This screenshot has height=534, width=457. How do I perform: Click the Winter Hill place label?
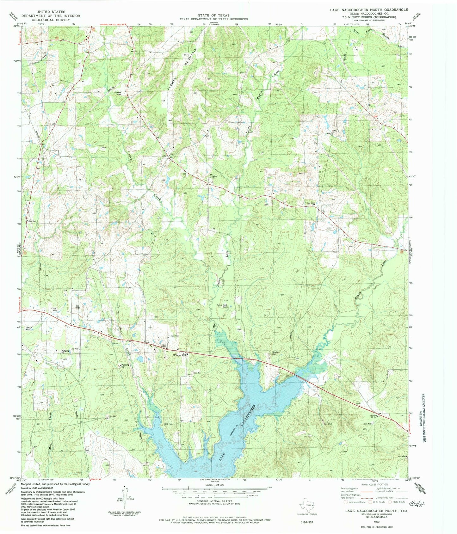point(180,355)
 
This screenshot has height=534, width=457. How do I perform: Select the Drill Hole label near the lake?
point(169,424)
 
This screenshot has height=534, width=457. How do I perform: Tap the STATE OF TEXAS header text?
point(214,15)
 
